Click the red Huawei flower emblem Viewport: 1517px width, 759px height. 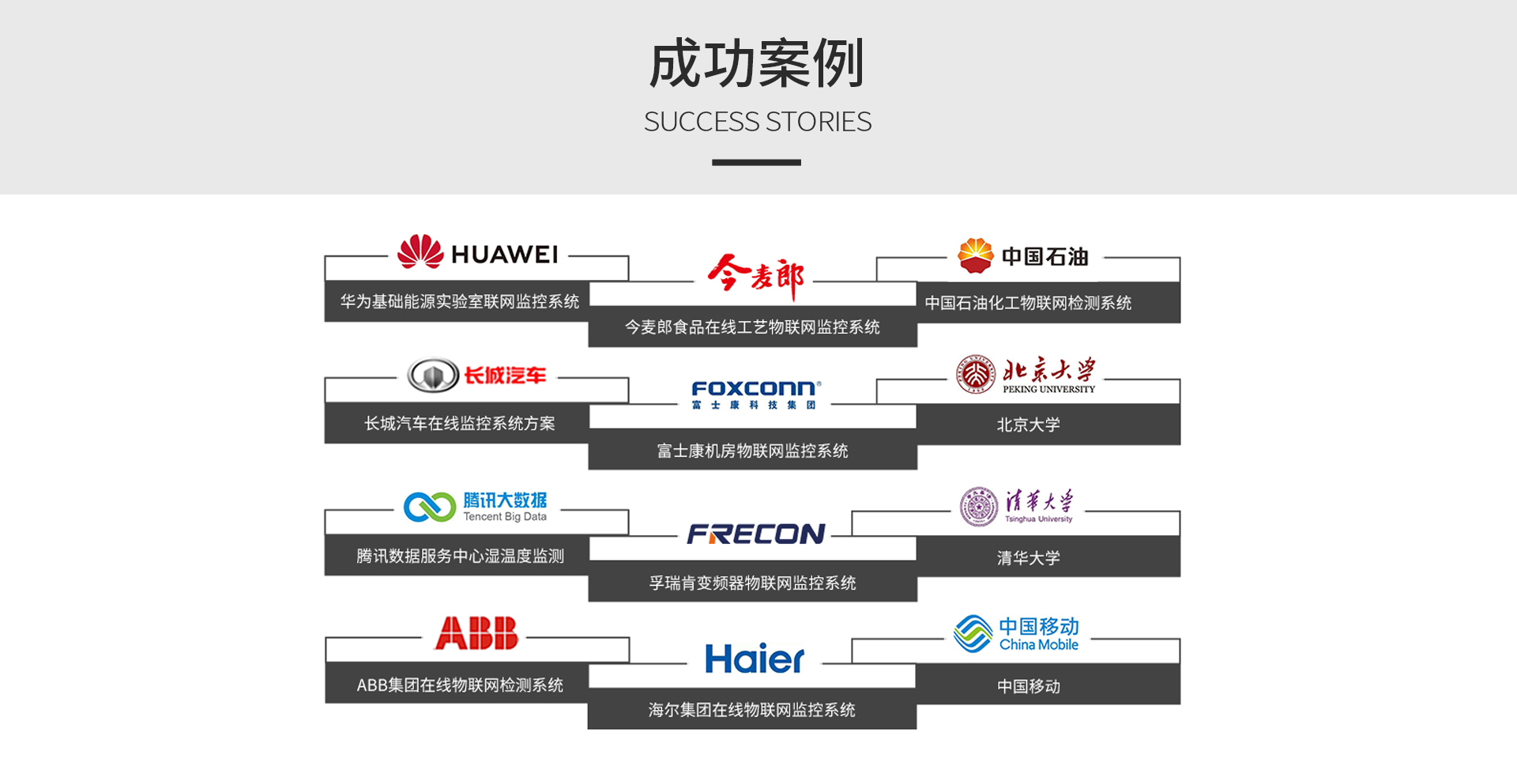point(420,251)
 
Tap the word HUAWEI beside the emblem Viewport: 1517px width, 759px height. point(504,255)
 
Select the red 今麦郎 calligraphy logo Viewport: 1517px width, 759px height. point(756,277)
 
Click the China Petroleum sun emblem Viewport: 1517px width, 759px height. point(975,255)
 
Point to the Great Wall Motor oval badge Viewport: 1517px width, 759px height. point(433,375)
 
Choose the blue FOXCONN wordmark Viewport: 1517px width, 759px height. point(755,388)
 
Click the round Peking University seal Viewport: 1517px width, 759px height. point(976,374)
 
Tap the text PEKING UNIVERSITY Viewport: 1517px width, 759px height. point(1048,389)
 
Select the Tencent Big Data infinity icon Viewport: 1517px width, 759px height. point(429,507)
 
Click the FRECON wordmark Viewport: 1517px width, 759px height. point(755,534)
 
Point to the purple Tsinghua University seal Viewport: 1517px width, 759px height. point(979,506)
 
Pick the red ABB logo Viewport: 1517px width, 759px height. point(476,633)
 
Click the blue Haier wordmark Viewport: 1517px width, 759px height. point(755,659)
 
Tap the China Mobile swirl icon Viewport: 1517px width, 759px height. point(973,633)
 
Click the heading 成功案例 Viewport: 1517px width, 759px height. point(757,63)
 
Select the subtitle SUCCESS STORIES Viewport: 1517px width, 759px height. point(757,122)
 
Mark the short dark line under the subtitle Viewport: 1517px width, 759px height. point(756,162)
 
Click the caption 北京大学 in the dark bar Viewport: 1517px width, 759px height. point(1028,425)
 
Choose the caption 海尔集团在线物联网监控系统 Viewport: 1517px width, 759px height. point(751,710)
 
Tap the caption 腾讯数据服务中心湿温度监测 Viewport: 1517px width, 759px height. point(460,556)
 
